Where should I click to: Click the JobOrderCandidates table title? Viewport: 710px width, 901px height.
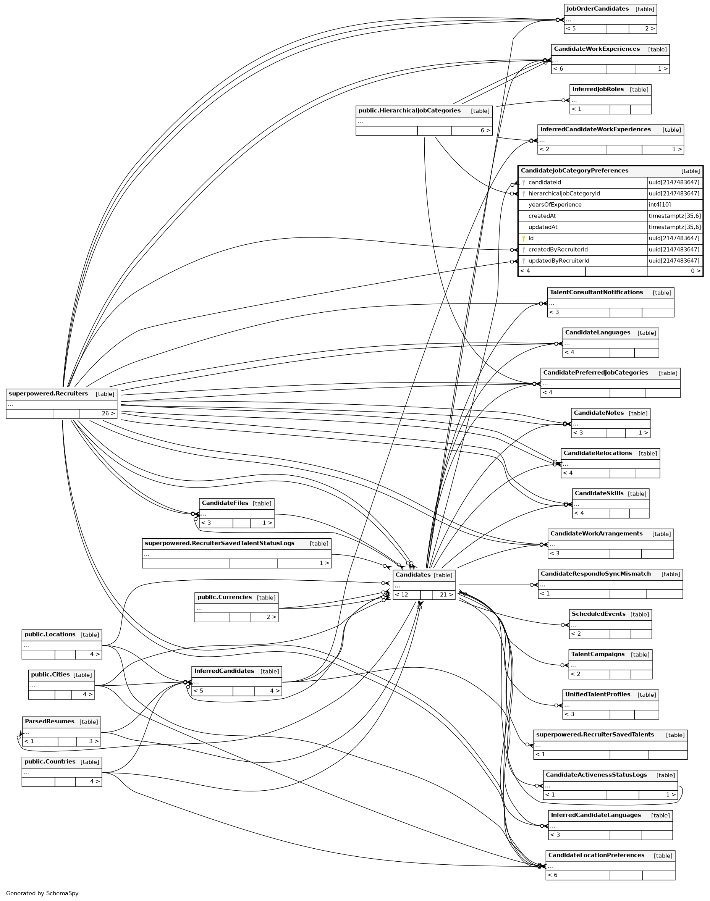pos(597,9)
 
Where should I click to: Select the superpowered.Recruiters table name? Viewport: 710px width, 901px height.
pos(48,394)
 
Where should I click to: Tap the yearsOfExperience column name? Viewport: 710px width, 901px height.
pos(555,205)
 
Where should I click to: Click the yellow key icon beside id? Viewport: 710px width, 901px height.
pos(524,239)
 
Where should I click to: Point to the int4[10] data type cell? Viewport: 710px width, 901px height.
pos(659,205)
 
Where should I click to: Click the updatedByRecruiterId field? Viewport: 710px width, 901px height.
pos(558,261)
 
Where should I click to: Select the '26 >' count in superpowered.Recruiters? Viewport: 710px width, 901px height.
pos(108,413)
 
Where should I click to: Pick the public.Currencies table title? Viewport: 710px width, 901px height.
pos(225,597)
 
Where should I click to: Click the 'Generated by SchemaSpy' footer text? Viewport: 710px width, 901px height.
pos(42,893)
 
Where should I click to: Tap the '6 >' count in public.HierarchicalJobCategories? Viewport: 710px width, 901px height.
pos(485,131)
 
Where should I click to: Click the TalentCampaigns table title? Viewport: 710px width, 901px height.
pos(597,654)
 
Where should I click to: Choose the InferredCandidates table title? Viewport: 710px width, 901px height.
pos(224,671)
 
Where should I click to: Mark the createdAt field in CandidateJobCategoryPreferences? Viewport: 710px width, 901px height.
pos(542,216)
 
